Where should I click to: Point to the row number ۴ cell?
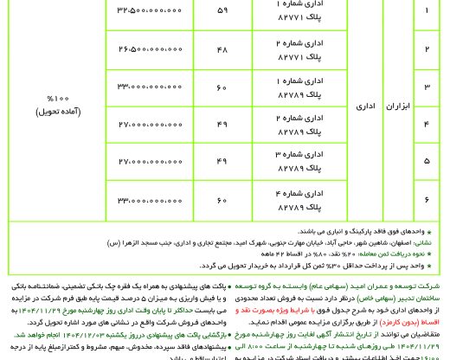pos(426,124)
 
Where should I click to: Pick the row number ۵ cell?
pos(426,161)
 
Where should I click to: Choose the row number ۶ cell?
pos(426,198)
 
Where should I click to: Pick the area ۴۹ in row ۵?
pos(222,161)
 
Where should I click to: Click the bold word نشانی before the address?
pos(432,243)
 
